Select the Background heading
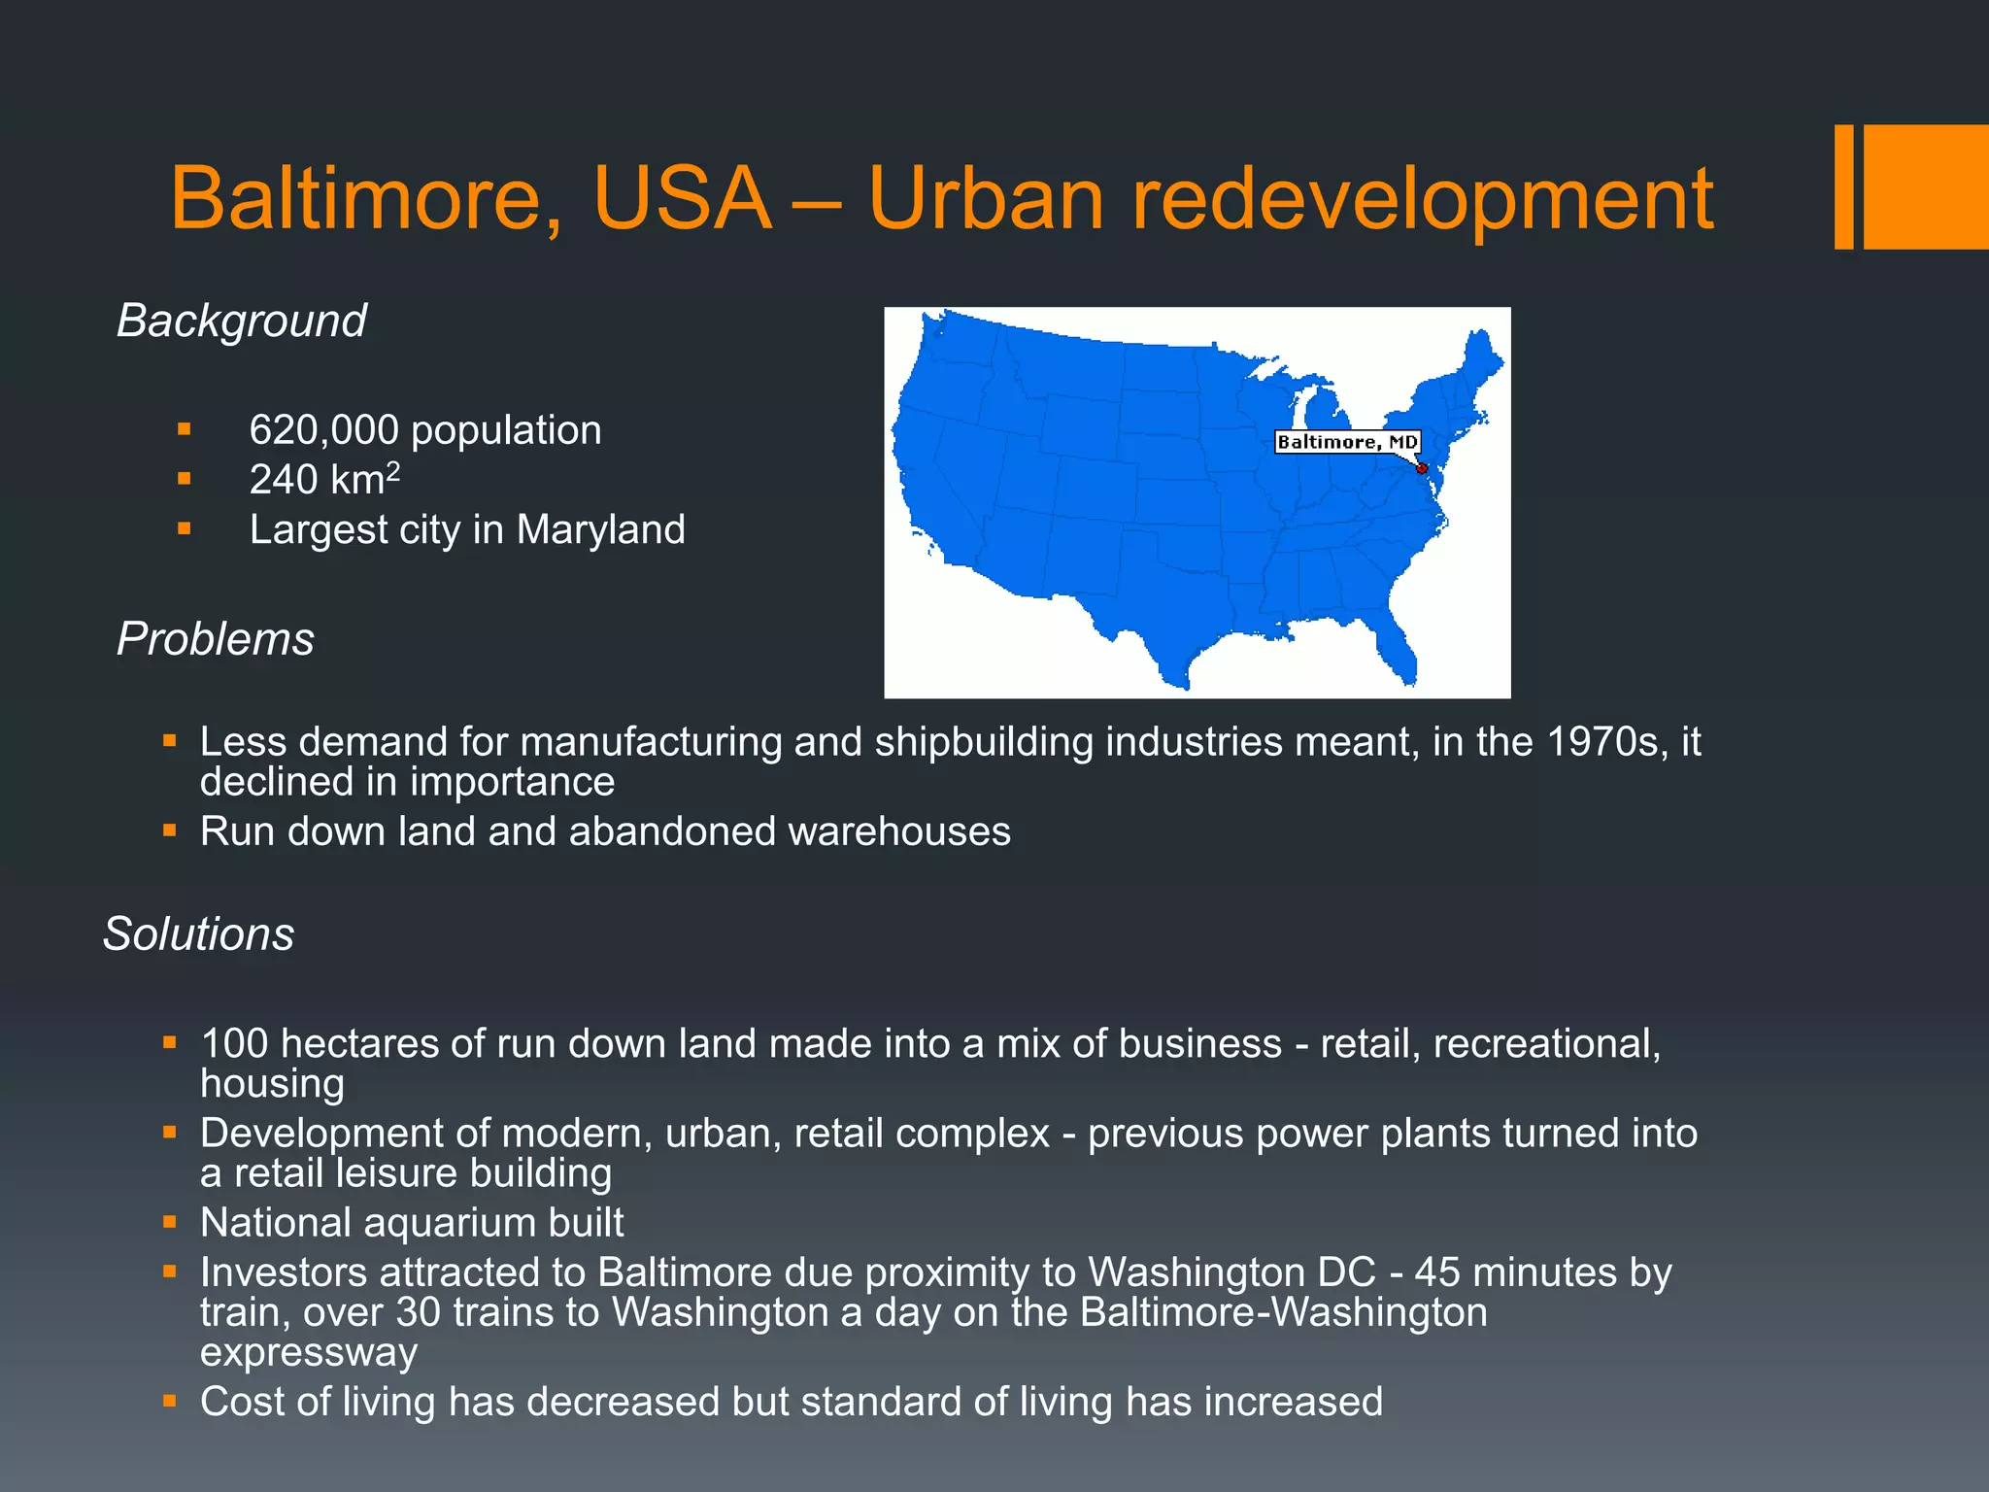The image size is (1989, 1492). point(241,321)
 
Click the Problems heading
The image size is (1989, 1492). point(215,639)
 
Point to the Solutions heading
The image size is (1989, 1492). point(198,934)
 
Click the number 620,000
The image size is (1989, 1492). point(323,430)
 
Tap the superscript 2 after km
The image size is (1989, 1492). point(392,471)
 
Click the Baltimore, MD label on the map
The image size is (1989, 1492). point(1347,442)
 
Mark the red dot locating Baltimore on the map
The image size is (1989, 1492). point(1422,469)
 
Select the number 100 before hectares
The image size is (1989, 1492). point(234,1044)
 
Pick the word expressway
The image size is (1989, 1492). point(309,1353)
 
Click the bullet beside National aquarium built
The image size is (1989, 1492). point(170,1223)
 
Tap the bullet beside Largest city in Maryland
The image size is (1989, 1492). point(185,529)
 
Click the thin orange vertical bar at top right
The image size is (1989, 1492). point(1843,186)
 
